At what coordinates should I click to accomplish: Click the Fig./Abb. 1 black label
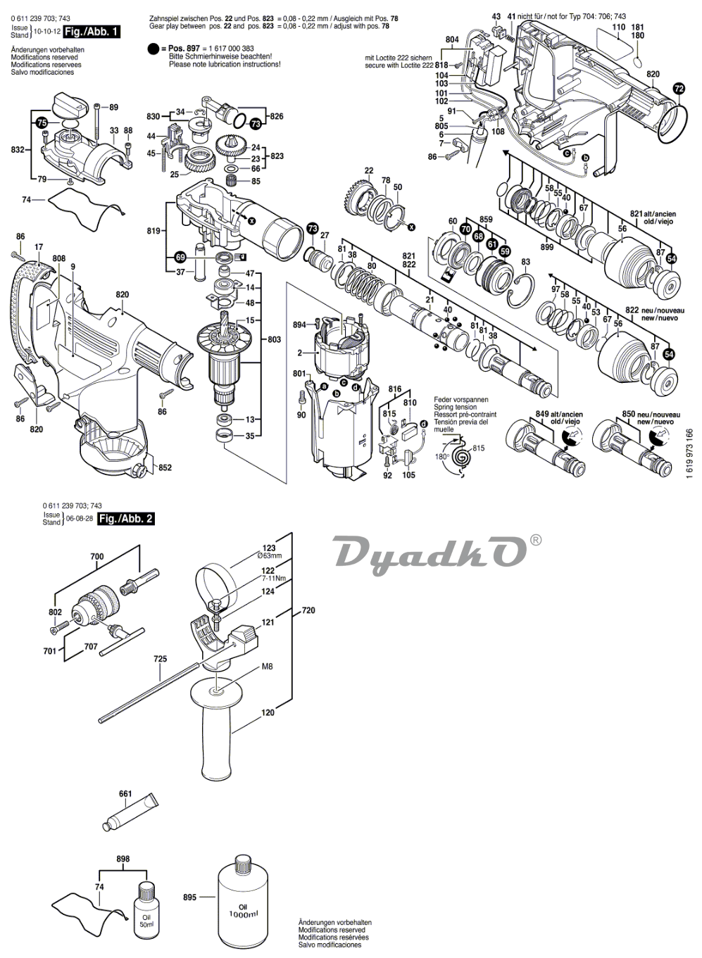(91, 32)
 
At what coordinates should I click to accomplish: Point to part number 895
(188, 897)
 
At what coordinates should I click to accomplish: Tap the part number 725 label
(161, 660)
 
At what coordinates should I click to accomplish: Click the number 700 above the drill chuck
(96, 557)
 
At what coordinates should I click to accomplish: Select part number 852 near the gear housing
(165, 467)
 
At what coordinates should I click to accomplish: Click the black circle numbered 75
(42, 122)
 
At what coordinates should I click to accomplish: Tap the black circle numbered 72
(678, 89)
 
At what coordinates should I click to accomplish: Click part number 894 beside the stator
(299, 324)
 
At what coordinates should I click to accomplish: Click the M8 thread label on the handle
(247, 666)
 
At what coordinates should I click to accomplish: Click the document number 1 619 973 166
(690, 454)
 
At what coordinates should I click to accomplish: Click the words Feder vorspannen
(460, 400)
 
